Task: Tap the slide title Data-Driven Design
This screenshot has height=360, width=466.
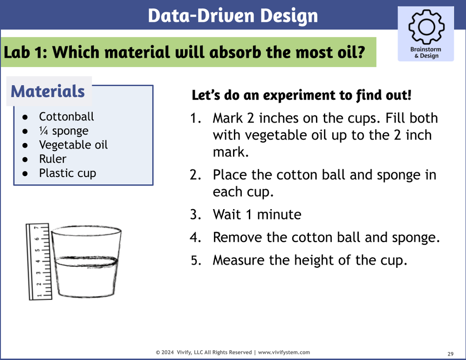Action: (x=233, y=15)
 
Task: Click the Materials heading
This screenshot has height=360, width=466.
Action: (x=48, y=91)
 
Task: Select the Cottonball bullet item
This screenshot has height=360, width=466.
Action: (x=66, y=116)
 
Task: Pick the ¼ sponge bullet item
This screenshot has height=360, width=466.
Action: (x=63, y=131)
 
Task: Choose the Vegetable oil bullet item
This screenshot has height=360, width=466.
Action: (x=73, y=145)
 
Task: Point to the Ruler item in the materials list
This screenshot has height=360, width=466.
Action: (x=53, y=159)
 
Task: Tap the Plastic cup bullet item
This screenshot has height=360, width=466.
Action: (x=68, y=173)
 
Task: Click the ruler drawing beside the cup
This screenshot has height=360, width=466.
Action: (x=38, y=261)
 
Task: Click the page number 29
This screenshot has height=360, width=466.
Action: (x=451, y=353)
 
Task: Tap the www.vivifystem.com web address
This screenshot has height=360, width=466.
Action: (x=284, y=353)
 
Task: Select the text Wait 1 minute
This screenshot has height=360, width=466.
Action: (x=257, y=214)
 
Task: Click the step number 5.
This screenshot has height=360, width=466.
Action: (x=196, y=260)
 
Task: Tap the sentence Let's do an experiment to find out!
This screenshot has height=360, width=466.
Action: (x=302, y=95)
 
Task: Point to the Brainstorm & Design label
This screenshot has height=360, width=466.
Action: (x=425, y=53)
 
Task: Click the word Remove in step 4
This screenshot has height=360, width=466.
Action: (x=238, y=237)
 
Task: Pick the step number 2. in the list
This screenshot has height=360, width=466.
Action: (x=195, y=175)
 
